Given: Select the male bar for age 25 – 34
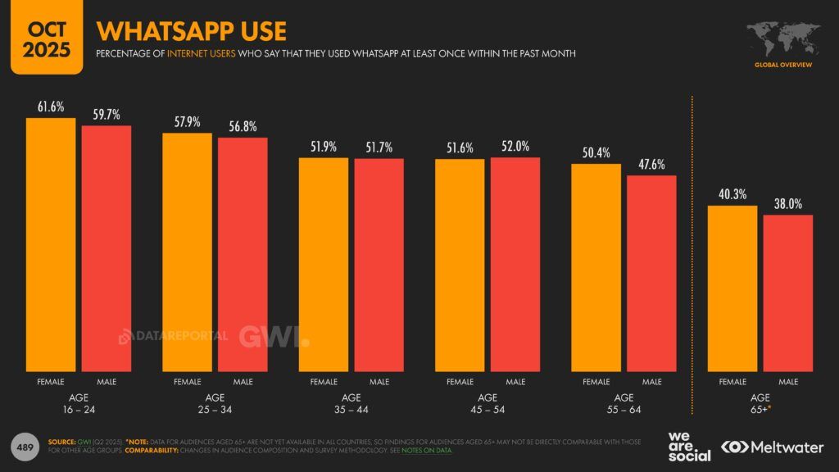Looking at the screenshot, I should (x=243, y=254).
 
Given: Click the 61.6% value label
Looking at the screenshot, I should (x=51, y=107).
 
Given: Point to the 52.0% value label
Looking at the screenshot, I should (x=515, y=146).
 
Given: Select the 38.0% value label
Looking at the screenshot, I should (x=787, y=204).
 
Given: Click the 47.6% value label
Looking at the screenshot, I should (x=651, y=165).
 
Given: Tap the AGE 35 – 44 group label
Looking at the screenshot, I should (x=351, y=402).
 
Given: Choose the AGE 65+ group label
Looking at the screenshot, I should (x=760, y=402).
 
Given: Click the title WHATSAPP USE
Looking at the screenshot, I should (x=191, y=31).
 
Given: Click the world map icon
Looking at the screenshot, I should (x=783, y=37).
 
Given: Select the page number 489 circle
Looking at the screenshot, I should (x=25, y=447).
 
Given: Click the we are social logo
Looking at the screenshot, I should (x=688, y=446).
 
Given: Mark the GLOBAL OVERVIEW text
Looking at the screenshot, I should (x=783, y=63).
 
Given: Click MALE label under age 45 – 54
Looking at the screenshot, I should (x=515, y=382).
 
